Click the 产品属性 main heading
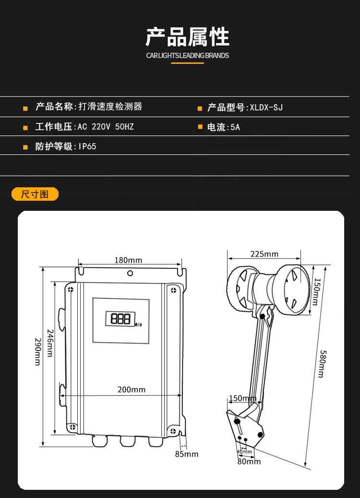pyautogui.click(x=187, y=37)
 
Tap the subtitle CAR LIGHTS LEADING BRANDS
pyautogui.click(x=187, y=56)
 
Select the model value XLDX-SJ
pyautogui.click(x=266, y=108)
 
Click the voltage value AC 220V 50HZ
pyautogui.click(x=106, y=127)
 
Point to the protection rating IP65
pyautogui.click(x=87, y=146)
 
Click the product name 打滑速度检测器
pyautogui.click(x=110, y=107)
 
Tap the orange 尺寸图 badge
pyautogui.click(x=35, y=194)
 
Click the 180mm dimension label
pyautogui.click(x=128, y=260)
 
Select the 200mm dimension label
pyautogui.click(x=131, y=389)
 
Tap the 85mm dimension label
pyautogui.click(x=186, y=454)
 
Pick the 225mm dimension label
pyautogui.click(x=264, y=254)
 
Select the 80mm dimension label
pyautogui.click(x=249, y=462)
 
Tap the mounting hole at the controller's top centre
pyautogui.click(x=130, y=273)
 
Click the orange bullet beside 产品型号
pyautogui.click(x=200, y=109)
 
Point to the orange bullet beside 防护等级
pyautogui.click(x=25, y=147)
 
